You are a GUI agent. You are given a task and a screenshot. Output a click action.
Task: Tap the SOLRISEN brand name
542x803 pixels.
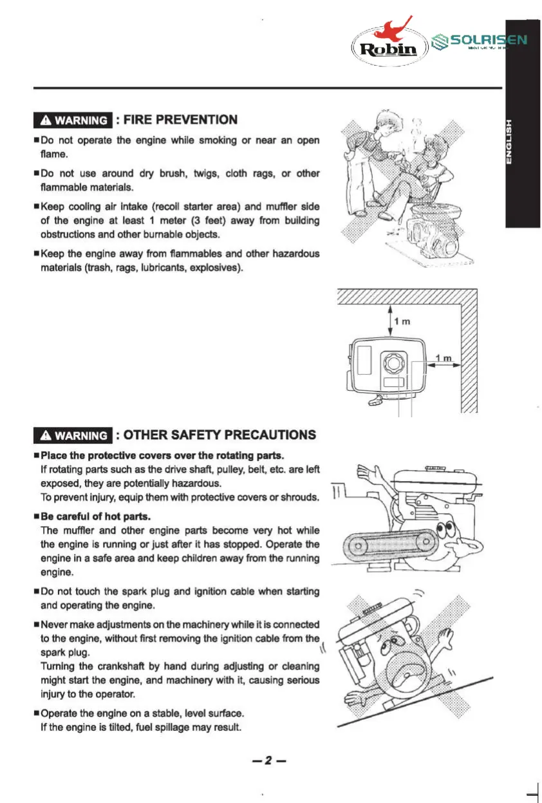pyautogui.click(x=489, y=39)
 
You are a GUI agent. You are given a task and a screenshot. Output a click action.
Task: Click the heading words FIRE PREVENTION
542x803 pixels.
pyautogui.click(x=180, y=120)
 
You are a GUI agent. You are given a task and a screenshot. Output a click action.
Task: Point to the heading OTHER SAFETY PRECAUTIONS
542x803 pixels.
pyautogui.click(x=220, y=435)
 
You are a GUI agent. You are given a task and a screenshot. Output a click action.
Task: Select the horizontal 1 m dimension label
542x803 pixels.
pyautogui.click(x=444, y=358)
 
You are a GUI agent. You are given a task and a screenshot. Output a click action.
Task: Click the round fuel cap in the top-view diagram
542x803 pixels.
pyautogui.click(x=391, y=364)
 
